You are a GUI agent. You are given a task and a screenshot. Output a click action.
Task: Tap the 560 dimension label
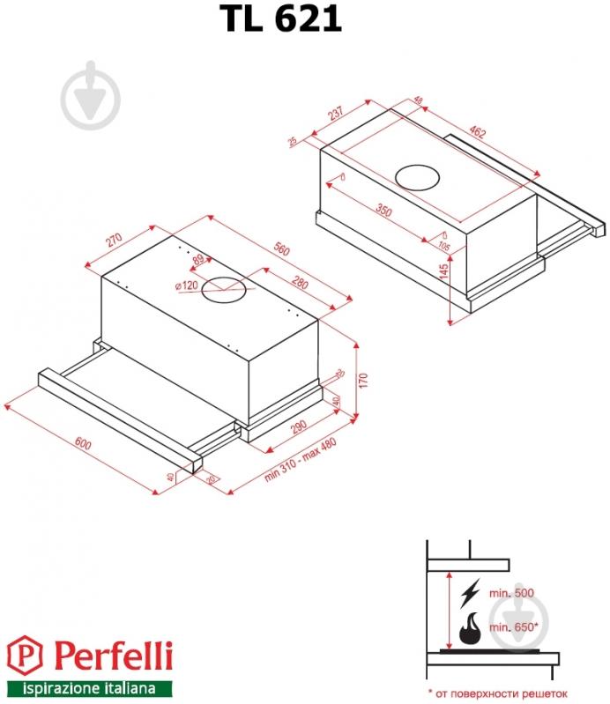click(x=279, y=249)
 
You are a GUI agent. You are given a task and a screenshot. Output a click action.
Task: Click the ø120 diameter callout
click(x=185, y=285)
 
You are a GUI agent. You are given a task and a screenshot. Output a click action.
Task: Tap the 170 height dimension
click(x=362, y=381)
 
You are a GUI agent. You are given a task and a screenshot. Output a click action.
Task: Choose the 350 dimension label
click(x=383, y=211)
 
